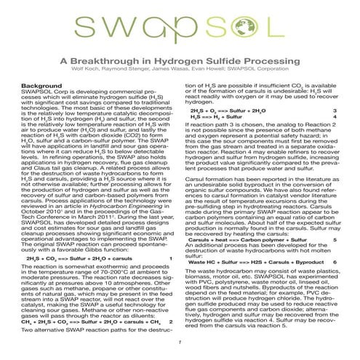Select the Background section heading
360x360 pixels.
[x=41, y=87]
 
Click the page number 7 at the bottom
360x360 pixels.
[x=179, y=341]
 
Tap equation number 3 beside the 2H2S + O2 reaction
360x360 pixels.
[x=334, y=111]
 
